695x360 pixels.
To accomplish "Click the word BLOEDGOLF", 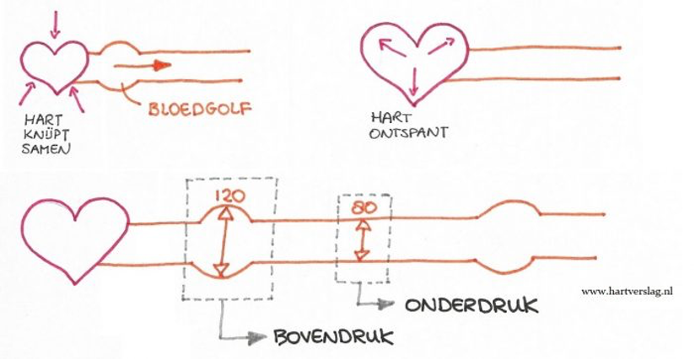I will (x=199, y=109).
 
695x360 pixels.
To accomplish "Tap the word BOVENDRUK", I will (x=333, y=338).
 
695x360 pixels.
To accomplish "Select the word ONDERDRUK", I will (x=471, y=305).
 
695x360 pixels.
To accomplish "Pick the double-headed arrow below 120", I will (x=224, y=243).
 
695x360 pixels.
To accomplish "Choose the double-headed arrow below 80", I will (x=363, y=240).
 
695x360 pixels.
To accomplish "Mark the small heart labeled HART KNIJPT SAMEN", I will (x=55, y=64).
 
